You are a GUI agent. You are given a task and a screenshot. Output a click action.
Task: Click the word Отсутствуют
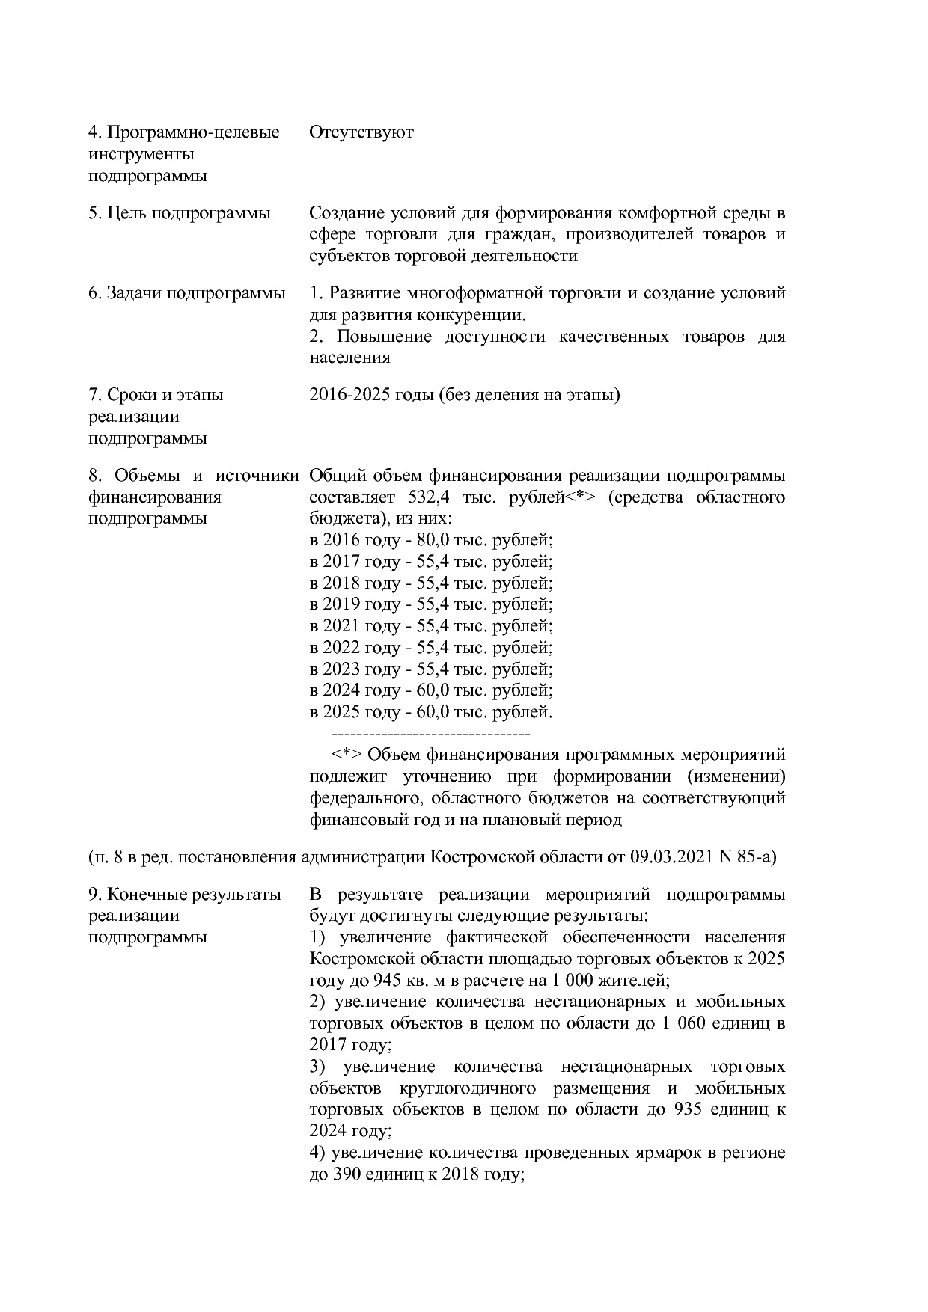[x=361, y=133]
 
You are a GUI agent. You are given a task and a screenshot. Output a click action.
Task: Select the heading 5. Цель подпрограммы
[x=179, y=213]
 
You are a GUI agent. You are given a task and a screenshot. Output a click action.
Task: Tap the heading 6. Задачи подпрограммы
[x=186, y=293]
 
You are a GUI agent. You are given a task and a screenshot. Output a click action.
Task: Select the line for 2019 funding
[x=430, y=604]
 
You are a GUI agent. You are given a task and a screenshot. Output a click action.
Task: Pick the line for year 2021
[x=430, y=626]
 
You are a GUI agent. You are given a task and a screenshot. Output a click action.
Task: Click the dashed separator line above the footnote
[x=430, y=733]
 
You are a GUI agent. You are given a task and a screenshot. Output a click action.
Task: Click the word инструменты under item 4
[x=141, y=155]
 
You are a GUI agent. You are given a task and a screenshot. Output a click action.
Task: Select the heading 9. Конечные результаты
[x=184, y=895]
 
